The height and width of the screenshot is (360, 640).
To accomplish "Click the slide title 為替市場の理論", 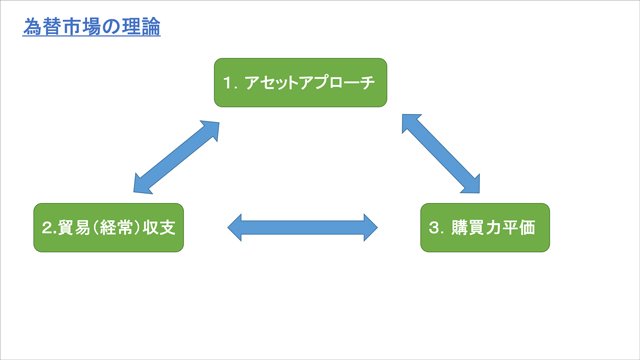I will (x=92, y=26).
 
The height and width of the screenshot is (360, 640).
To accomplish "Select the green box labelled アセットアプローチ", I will (x=299, y=82).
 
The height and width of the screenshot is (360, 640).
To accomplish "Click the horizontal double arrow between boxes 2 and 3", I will (x=302, y=227).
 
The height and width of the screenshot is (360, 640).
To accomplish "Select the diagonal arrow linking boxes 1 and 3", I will (x=440, y=152).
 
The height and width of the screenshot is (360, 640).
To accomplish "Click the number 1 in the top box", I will (x=228, y=83).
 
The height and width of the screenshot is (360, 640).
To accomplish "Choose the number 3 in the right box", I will (x=434, y=228).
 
